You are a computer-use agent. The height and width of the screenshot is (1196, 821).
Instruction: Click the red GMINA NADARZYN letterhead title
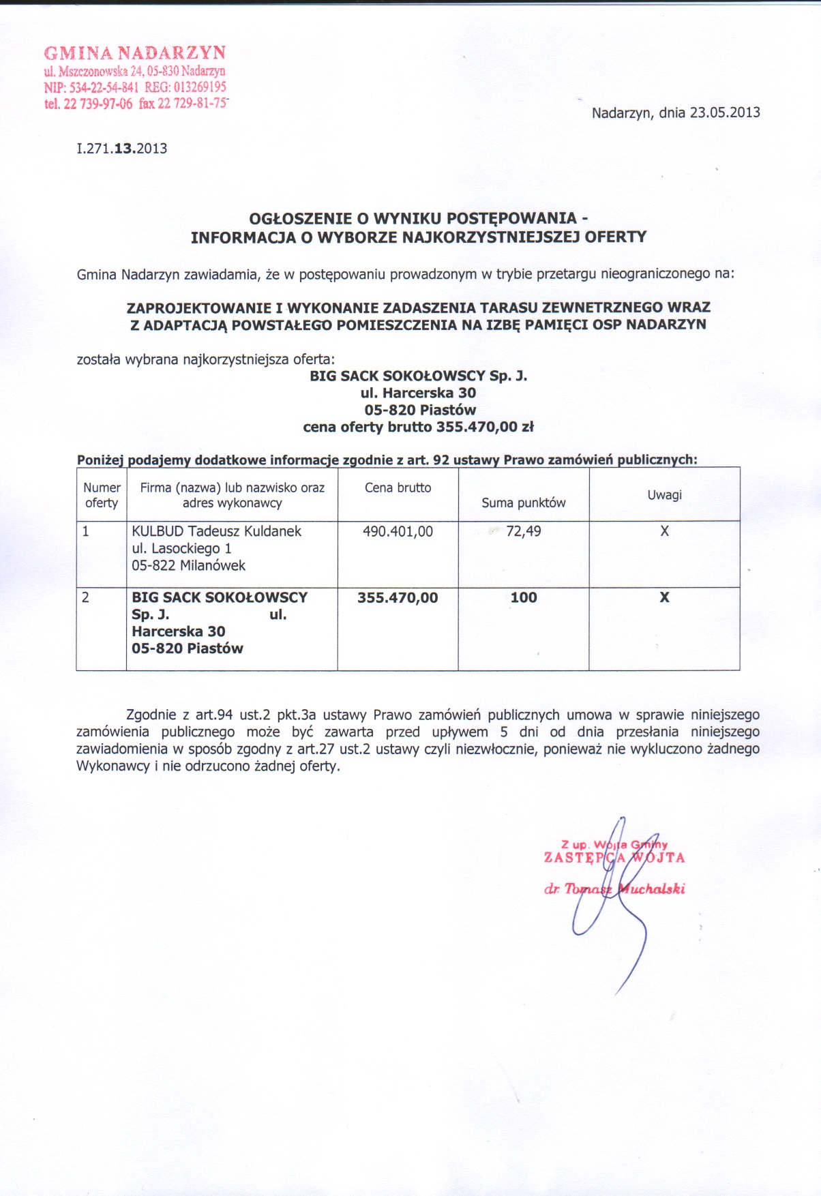coord(134,53)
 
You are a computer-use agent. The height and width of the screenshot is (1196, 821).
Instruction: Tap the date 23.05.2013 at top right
coord(725,113)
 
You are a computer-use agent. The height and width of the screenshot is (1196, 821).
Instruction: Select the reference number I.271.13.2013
coord(122,149)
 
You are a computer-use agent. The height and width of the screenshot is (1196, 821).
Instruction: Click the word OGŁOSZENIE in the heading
coord(300,218)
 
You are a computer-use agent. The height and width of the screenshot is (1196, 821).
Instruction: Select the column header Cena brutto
coord(398,488)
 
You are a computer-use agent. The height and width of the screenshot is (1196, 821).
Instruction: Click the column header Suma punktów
coord(523,503)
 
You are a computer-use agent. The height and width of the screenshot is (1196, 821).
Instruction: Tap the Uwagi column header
coord(664,495)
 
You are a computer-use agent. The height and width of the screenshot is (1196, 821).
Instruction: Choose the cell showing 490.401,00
coord(398,531)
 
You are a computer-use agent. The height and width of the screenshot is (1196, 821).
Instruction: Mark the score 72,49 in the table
coord(523,531)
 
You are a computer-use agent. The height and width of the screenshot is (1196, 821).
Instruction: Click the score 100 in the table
coord(523,597)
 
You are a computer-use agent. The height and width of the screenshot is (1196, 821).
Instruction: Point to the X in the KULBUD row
coord(664,531)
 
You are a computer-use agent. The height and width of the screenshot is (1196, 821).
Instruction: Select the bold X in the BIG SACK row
coord(664,597)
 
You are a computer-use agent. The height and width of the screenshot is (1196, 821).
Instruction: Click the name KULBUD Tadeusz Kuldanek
coord(216,531)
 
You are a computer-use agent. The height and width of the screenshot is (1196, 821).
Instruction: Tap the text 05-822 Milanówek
coord(188,565)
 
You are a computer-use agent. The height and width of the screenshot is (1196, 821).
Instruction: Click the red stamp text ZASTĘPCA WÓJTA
coord(614,858)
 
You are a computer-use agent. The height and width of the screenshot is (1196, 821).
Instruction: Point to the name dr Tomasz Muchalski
coord(614,889)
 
